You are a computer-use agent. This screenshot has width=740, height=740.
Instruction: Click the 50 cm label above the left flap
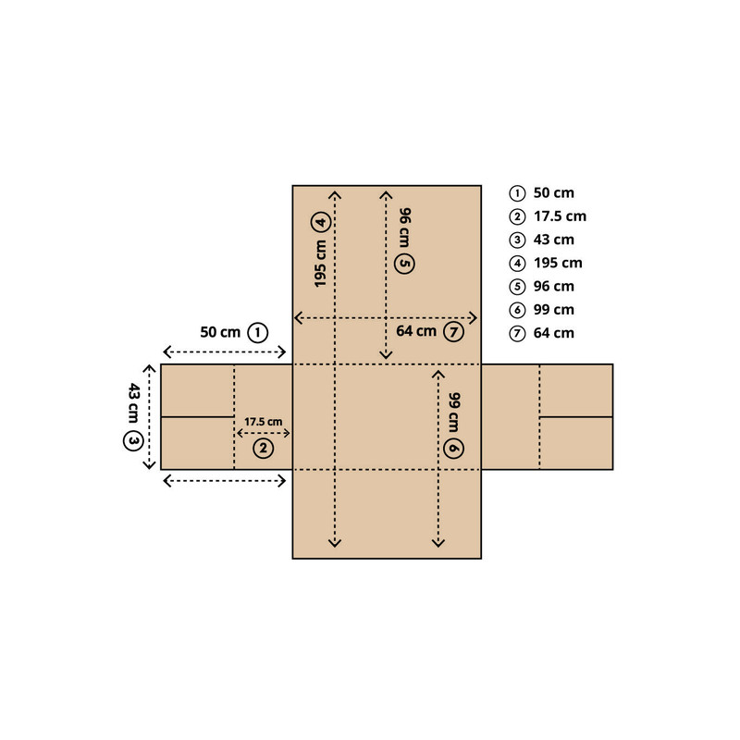click(220, 332)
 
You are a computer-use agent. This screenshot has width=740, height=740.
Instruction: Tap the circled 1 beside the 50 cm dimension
click(258, 333)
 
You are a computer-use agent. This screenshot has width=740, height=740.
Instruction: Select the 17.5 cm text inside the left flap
click(264, 422)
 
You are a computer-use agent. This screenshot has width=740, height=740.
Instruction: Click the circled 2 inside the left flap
click(264, 448)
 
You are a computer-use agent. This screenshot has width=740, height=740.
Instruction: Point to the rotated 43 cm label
click(133, 402)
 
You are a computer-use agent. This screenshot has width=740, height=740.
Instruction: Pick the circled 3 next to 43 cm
click(133, 441)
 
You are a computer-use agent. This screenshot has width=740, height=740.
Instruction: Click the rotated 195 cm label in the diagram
click(320, 264)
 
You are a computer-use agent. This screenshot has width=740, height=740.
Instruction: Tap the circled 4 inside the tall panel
click(321, 222)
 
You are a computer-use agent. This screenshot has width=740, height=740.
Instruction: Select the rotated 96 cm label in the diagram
click(405, 228)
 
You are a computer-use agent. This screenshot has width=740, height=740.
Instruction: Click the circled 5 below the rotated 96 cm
click(405, 264)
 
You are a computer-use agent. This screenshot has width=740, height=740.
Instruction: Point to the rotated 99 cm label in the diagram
click(454, 412)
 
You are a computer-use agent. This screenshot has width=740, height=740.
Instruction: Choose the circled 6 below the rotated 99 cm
click(453, 448)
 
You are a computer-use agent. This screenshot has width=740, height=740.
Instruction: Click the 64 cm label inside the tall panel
click(416, 331)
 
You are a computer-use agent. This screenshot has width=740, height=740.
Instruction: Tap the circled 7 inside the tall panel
click(453, 332)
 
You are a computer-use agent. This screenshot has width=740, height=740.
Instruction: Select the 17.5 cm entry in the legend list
click(560, 216)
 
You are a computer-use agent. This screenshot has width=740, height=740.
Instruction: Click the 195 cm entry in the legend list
click(558, 263)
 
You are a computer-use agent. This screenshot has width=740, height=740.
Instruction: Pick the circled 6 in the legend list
click(517, 310)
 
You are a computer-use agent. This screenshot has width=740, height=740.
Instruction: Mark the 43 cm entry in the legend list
click(553, 240)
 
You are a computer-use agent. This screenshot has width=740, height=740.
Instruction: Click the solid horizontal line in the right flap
click(576, 417)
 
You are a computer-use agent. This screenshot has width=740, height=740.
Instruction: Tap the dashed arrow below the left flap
click(224, 481)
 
